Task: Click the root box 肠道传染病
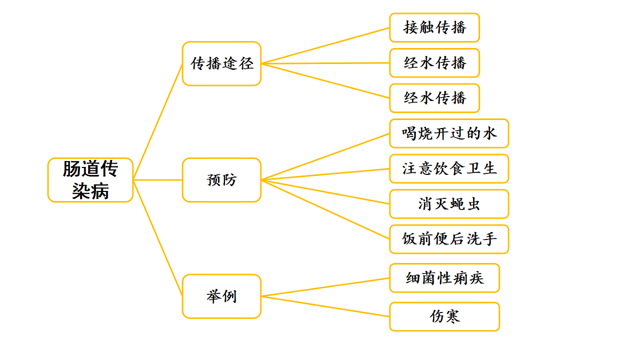(x=90, y=180)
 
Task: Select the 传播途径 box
(x=221, y=63)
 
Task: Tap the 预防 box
(x=221, y=180)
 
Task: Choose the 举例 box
(x=221, y=296)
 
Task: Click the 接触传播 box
(x=434, y=28)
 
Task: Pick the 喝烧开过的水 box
(x=449, y=133)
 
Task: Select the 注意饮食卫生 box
(x=449, y=169)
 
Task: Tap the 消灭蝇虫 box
(x=449, y=204)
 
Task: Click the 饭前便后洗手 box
(x=449, y=239)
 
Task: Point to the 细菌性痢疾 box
(x=444, y=278)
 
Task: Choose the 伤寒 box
(x=444, y=317)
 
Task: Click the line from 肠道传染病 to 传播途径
(x=158, y=122)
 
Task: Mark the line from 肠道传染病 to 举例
(x=158, y=238)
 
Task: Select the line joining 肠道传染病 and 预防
(x=158, y=180)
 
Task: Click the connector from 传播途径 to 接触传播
(x=325, y=45)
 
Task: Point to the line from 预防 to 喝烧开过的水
(x=325, y=156)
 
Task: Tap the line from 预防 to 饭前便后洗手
(x=325, y=209)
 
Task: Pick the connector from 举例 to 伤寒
(x=325, y=306)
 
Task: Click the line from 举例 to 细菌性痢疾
(x=325, y=287)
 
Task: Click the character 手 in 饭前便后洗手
(x=489, y=239)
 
